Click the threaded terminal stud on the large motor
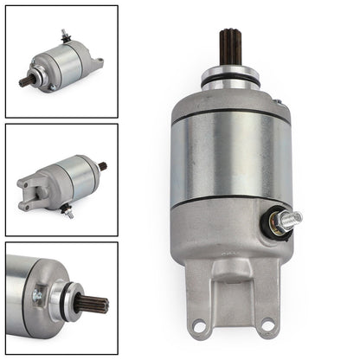pos(288,220)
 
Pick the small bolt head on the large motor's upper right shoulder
pos(278,102)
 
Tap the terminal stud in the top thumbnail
pos(64,35)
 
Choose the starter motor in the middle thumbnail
pos(61,179)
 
